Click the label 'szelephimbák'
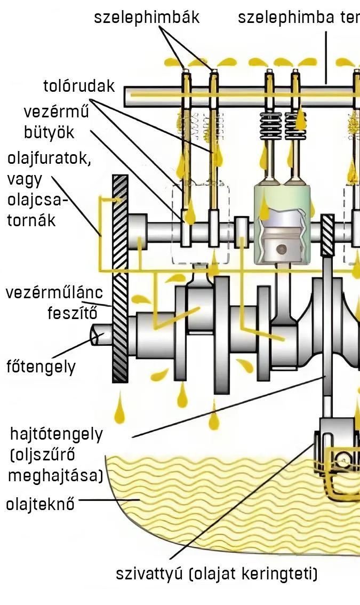click(x=147, y=17)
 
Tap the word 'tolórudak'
click(x=79, y=86)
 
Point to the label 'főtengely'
click(x=41, y=367)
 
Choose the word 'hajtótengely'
click(x=57, y=434)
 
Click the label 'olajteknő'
click(x=40, y=503)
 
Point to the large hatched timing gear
click(x=120, y=278)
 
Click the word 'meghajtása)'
click(x=55, y=475)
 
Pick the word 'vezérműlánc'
click(x=54, y=292)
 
